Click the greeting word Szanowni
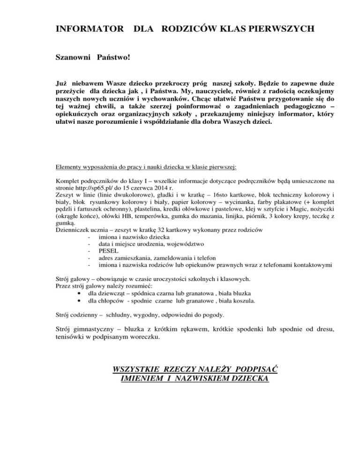[x=73, y=59]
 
